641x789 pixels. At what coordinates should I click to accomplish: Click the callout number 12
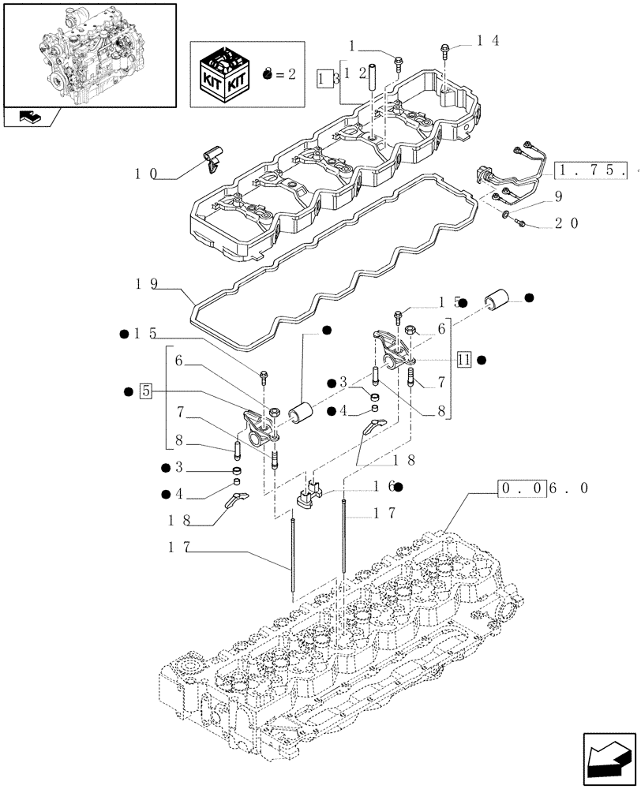pos(356,73)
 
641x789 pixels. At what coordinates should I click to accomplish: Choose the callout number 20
pos(567,223)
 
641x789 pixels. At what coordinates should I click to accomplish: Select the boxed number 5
pos(145,390)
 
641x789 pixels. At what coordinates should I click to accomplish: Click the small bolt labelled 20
pos(522,225)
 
